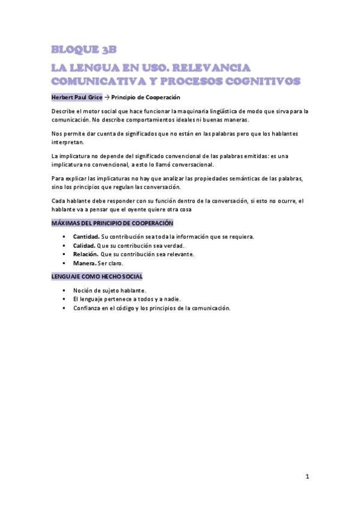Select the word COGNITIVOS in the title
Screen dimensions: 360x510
tap(264, 80)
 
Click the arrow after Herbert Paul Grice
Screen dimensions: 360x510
tap(107, 97)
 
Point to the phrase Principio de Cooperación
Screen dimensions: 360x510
tap(146, 97)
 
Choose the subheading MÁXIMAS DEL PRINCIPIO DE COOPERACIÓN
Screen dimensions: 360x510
tap(111, 223)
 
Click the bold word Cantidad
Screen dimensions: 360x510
tap(86, 236)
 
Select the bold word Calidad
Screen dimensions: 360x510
tap(84, 245)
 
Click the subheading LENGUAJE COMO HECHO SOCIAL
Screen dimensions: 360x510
tap(96, 277)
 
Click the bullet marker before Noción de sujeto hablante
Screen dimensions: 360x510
tap(63, 290)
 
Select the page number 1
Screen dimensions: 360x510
tap(307, 477)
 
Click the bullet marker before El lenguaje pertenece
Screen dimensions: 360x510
tap(63, 299)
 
